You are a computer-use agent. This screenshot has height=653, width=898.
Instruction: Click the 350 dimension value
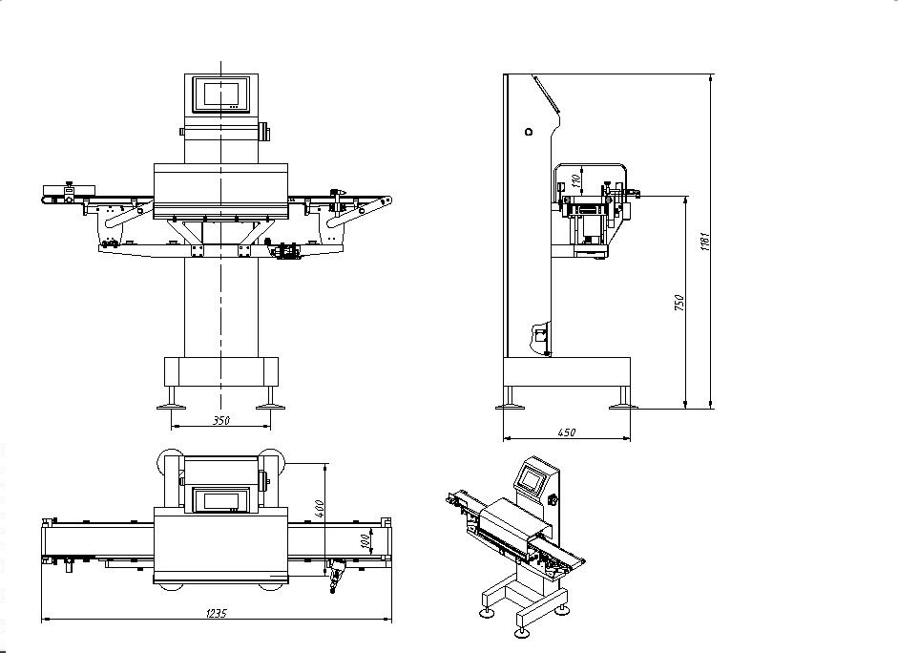click(x=221, y=420)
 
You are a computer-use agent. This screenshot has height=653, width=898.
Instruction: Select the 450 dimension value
click(x=567, y=433)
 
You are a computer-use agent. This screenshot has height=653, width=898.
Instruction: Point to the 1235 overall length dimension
click(x=217, y=614)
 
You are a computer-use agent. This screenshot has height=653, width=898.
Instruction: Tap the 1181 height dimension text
click(x=705, y=242)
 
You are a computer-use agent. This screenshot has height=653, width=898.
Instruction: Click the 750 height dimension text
click(x=679, y=303)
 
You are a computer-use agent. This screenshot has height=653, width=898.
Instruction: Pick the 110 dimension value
click(x=576, y=179)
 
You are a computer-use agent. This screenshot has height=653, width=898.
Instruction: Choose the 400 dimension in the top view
click(x=320, y=509)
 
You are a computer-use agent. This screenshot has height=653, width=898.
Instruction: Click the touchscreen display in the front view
click(x=221, y=94)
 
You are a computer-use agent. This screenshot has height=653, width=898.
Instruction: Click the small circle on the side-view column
click(x=529, y=132)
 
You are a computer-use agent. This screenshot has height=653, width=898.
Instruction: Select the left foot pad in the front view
click(x=171, y=408)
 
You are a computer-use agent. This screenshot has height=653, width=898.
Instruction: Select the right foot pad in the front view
click(x=270, y=408)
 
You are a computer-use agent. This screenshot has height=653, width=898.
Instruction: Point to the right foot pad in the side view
click(x=623, y=408)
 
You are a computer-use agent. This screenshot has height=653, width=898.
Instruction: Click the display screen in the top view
click(x=221, y=500)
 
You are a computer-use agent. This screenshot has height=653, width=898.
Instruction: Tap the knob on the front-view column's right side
click(x=263, y=131)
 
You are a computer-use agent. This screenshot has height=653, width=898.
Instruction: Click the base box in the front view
click(x=221, y=371)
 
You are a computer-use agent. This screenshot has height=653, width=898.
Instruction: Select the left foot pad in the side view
click(x=511, y=408)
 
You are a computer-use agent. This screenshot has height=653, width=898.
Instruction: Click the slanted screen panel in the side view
click(x=547, y=94)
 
